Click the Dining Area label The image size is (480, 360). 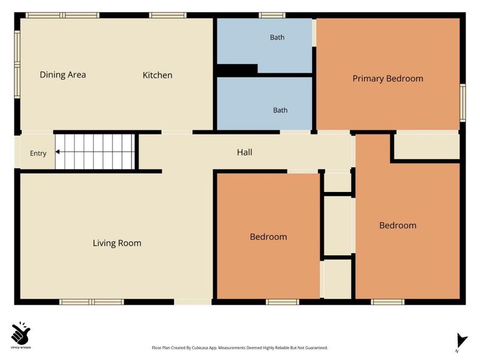(x=63, y=74)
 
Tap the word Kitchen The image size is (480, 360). (x=157, y=75)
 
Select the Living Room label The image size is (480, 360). (x=117, y=243)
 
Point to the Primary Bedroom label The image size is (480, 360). (x=388, y=79)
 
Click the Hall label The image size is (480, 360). (x=245, y=152)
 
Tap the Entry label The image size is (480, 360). (x=38, y=154)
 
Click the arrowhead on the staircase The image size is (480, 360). (x=57, y=152)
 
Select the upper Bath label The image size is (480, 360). (x=277, y=37)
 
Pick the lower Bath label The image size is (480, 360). (x=280, y=110)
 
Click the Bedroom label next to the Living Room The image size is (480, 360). (x=268, y=236)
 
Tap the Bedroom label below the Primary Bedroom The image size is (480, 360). (x=398, y=226)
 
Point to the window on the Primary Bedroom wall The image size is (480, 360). (x=463, y=103)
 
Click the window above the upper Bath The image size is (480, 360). (x=272, y=16)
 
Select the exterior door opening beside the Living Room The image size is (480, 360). (x=193, y=302)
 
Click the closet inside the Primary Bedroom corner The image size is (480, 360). (x=427, y=146)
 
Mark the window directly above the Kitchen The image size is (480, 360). (x=168, y=16)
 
